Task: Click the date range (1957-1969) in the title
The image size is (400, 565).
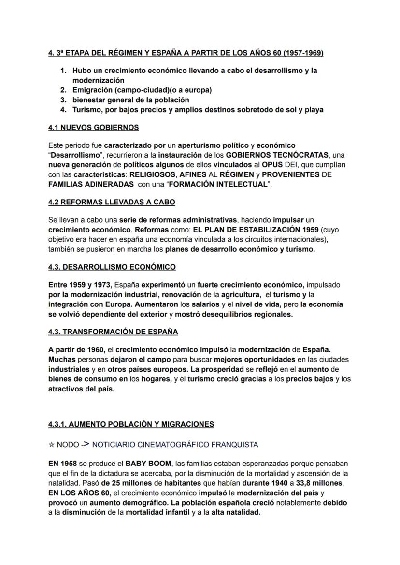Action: (x=300, y=53)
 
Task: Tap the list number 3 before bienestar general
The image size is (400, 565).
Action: (x=63, y=100)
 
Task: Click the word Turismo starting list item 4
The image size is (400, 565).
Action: (x=87, y=110)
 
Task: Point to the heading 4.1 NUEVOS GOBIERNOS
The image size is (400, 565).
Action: (x=94, y=128)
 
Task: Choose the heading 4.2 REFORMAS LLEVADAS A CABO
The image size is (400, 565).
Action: (x=112, y=202)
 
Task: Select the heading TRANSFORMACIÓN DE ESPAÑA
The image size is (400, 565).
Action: (x=121, y=332)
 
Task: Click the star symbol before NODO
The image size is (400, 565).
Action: (x=51, y=445)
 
